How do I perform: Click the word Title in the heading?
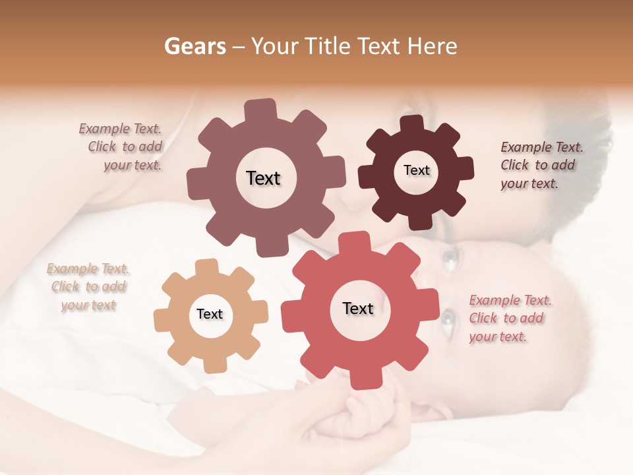click(326, 46)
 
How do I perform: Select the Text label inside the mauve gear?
click(263, 178)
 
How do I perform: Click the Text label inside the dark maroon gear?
click(416, 170)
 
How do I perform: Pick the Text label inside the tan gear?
click(210, 314)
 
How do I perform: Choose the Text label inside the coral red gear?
click(358, 308)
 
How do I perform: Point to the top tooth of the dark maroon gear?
click(411, 124)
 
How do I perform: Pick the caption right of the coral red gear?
click(509, 319)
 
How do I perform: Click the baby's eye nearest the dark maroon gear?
click(450, 259)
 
